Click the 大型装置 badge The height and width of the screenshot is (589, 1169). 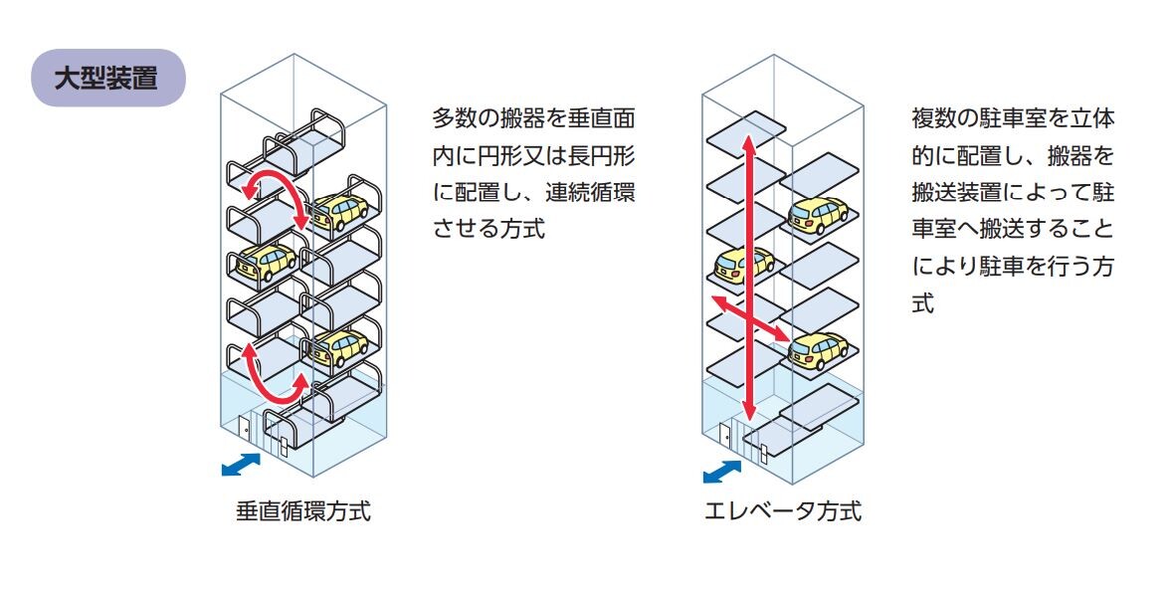pos(108,79)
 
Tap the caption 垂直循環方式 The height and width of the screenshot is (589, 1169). pos(302,510)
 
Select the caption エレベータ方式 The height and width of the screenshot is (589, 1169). pos(783,510)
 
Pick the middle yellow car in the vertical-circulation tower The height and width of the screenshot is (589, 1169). pos(267,261)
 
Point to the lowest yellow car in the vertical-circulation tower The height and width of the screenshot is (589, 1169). pos(340,347)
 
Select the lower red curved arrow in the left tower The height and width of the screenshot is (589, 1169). pos(275,374)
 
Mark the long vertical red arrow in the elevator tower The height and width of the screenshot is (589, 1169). pos(749,279)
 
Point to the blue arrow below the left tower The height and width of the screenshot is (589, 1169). pos(242,465)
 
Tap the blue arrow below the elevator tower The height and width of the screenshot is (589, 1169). pos(722,472)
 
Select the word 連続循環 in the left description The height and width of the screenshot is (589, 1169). pos(590,192)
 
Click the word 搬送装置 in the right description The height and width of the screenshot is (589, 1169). pos(957,192)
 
